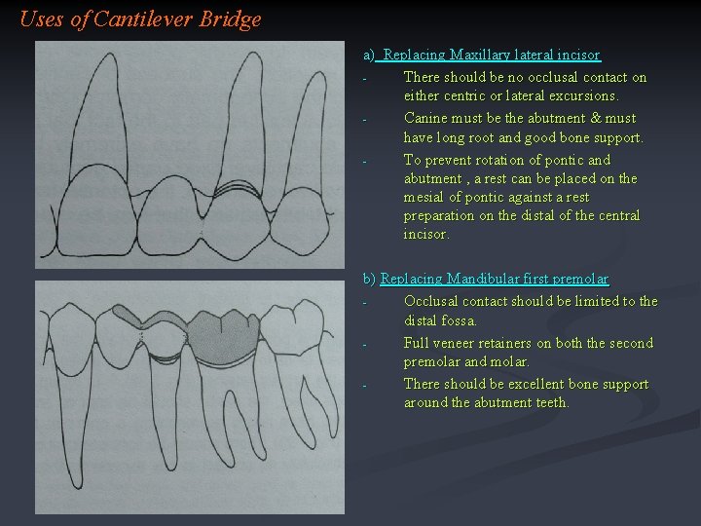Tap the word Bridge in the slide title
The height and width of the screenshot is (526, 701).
tap(230, 19)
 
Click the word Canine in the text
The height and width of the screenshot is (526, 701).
tap(425, 118)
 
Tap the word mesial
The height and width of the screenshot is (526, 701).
tap(424, 197)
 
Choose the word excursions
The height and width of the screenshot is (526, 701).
tap(582, 95)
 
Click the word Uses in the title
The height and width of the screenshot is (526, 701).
tap(41, 19)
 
